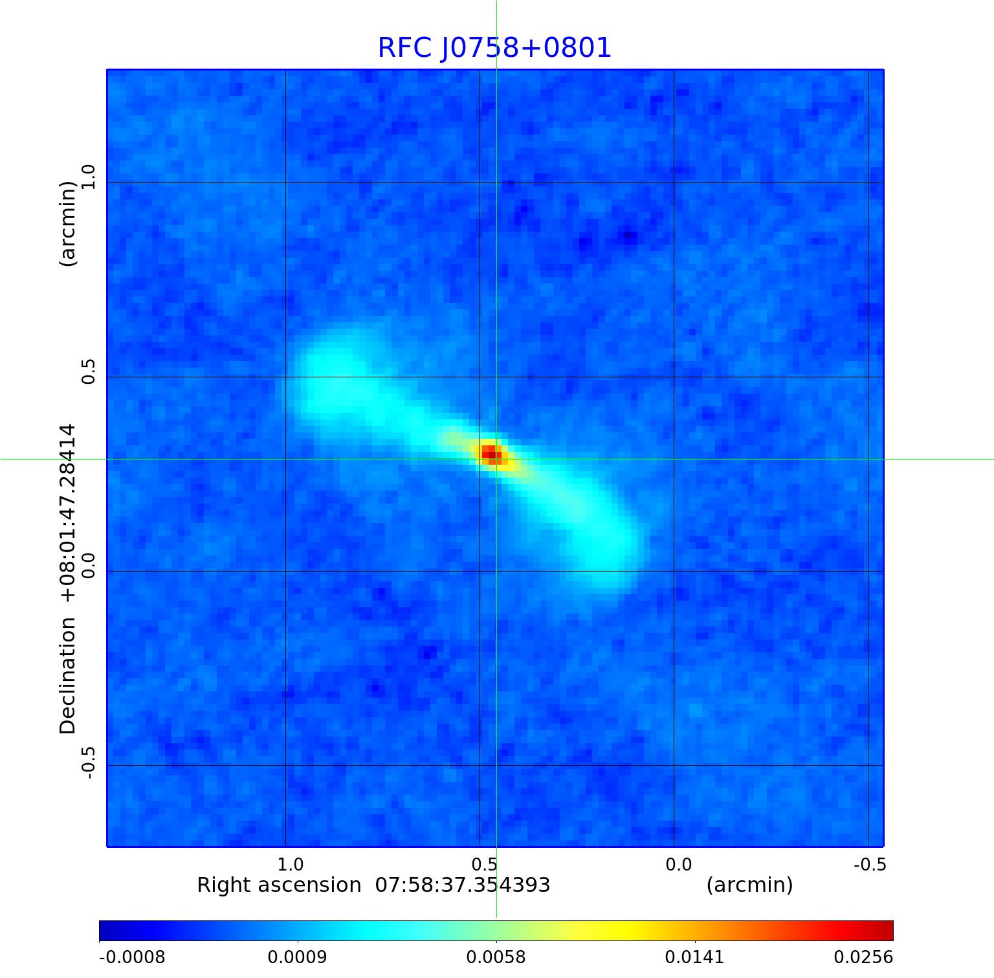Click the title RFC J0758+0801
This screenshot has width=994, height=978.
click(494, 48)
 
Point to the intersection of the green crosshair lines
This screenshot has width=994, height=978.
click(496, 459)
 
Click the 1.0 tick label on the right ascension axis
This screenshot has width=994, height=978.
click(290, 865)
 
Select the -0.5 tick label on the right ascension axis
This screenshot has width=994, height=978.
click(870, 865)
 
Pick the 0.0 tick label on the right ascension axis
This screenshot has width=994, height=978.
click(678, 865)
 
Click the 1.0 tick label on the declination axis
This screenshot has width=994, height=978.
click(88, 177)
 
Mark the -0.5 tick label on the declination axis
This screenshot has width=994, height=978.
click(88, 762)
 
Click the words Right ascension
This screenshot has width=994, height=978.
click(279, 885)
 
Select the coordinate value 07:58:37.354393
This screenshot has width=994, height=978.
click(463, 885)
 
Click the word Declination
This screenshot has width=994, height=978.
click(67, 676)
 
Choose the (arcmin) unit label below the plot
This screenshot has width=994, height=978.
click(749, 885)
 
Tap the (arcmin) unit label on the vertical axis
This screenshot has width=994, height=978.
click(67, 223)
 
